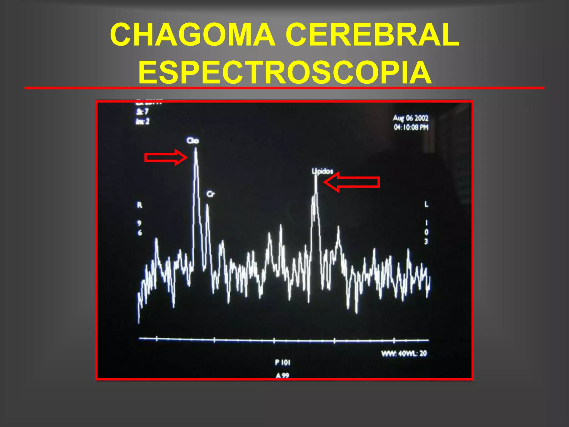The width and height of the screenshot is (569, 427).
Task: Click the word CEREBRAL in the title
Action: [372, 35]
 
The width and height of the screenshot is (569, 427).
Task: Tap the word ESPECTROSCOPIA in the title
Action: [285, 72]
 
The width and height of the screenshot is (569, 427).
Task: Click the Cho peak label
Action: [193, 141]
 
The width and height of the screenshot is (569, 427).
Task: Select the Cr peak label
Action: [211, 194]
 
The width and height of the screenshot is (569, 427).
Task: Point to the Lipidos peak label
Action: [322, 171]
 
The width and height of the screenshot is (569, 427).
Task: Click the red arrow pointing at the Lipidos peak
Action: [351, 182]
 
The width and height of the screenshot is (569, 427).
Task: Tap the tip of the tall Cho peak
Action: [196, 149]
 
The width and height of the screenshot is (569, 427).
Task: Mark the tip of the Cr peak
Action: [207, 205]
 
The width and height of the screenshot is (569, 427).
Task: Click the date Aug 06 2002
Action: [411, 118]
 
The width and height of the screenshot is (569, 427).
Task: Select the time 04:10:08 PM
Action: [411, 128]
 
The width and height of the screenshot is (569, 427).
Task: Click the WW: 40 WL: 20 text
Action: [404, 354]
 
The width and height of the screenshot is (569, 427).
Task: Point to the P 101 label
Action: [283, 363]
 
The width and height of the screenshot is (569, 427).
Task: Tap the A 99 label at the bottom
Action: [282, 376]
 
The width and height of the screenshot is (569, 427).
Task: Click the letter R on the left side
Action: [139, 205]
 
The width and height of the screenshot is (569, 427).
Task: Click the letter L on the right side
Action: [426, 205]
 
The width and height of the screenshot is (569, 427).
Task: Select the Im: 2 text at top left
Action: [143, 121]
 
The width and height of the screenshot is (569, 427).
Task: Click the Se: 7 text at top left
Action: [142, 112]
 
